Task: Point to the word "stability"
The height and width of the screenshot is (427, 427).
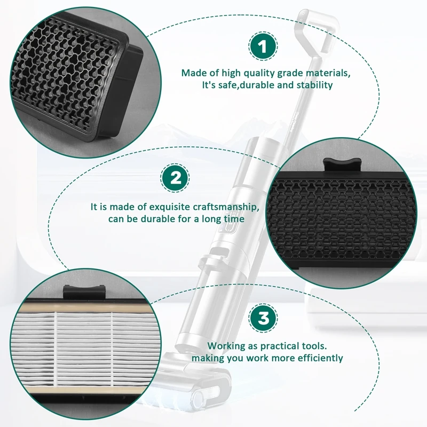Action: (314, 85)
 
